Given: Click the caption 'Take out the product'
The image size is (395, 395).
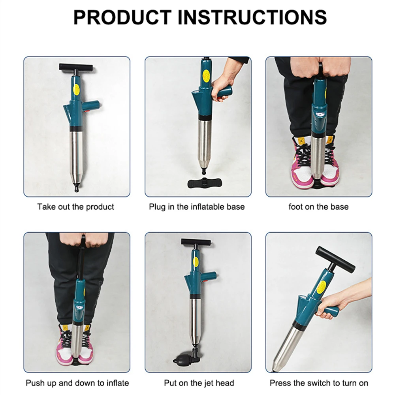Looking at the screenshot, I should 76,207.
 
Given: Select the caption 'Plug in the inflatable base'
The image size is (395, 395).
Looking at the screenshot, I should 197,207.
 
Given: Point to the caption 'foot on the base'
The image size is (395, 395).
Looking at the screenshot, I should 318,207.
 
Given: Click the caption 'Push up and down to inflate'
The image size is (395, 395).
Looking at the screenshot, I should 77,383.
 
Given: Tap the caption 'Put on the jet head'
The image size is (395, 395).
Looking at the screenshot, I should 199,383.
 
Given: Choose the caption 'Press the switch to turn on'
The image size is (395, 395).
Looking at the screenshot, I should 319,383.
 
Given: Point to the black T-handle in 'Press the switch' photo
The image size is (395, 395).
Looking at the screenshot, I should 335,259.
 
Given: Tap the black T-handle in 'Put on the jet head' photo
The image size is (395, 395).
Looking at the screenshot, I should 195,242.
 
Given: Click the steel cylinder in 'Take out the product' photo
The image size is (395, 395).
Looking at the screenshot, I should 76,154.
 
